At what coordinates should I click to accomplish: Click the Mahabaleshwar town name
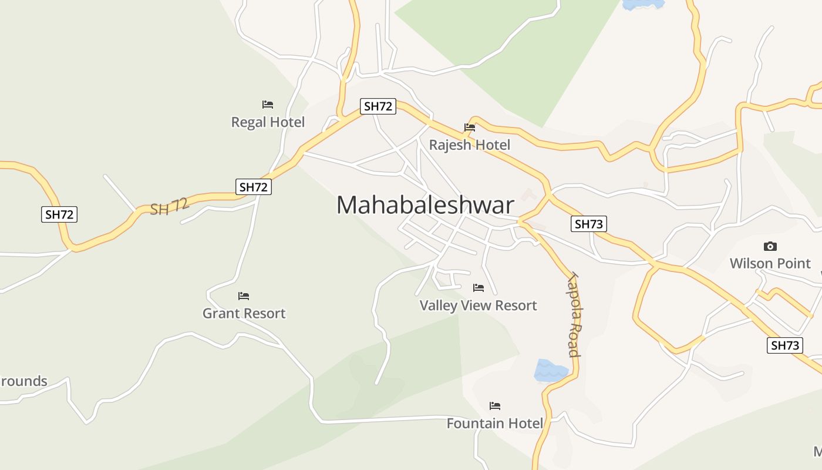(425, 205)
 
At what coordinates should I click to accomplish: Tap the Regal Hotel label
(268, 122)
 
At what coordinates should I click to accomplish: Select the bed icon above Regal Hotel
(268, 105)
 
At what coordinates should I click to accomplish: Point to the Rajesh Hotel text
(469, 145)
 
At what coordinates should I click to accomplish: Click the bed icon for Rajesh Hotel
(469, 127)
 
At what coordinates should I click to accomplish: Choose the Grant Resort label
(244, 313)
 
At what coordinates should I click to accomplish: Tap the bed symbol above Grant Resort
(244, 296)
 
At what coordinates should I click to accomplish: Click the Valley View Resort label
(478, 305)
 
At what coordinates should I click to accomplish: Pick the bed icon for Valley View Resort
(479, 288)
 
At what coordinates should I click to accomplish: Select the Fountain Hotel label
(494, 423)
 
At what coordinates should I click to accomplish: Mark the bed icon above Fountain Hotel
(495, 405)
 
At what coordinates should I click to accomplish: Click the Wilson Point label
(770, 263)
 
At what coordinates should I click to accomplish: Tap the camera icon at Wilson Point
(770, 246)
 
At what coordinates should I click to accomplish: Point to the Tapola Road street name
(574, 315)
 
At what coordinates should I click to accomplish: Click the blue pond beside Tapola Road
(550, 371)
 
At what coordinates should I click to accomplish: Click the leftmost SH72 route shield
(60, 214)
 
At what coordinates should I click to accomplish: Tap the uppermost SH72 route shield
(378, 106)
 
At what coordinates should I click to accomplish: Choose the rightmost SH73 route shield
(785, 345)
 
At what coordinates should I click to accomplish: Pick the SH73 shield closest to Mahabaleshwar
(589, 224)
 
